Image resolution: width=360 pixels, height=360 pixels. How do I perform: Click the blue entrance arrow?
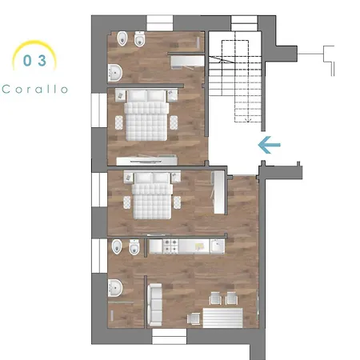[269, 145]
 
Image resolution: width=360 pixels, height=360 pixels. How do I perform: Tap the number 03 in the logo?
[34, 61]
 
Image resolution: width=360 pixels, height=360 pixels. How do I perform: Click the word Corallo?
[34, 89]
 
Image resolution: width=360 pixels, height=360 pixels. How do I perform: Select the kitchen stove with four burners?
[170, 246]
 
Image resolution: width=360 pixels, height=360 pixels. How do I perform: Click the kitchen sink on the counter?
[218, 246]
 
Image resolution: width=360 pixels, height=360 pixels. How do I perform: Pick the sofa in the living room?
[154, 305]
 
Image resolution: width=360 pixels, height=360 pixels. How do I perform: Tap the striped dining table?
[222, 318]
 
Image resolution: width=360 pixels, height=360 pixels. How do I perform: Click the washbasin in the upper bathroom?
[115, 73]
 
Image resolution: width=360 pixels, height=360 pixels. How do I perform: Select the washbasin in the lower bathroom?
[115, 288]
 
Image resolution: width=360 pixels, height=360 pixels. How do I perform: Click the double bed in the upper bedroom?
[146, 115]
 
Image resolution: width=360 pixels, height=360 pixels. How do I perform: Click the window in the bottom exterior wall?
[169, 336]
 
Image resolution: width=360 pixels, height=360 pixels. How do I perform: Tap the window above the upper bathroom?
[160, 23]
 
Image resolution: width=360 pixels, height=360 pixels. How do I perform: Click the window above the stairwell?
[244, 23]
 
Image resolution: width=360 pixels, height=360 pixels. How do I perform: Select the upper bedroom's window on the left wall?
[99, 110]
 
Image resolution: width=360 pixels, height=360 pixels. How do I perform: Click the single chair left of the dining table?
[194, 318]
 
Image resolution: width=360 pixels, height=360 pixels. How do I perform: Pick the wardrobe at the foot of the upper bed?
[147, 161]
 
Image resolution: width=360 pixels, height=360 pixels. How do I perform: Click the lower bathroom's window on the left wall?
[99, 256]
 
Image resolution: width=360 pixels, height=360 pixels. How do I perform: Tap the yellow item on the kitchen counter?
[199, 246]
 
